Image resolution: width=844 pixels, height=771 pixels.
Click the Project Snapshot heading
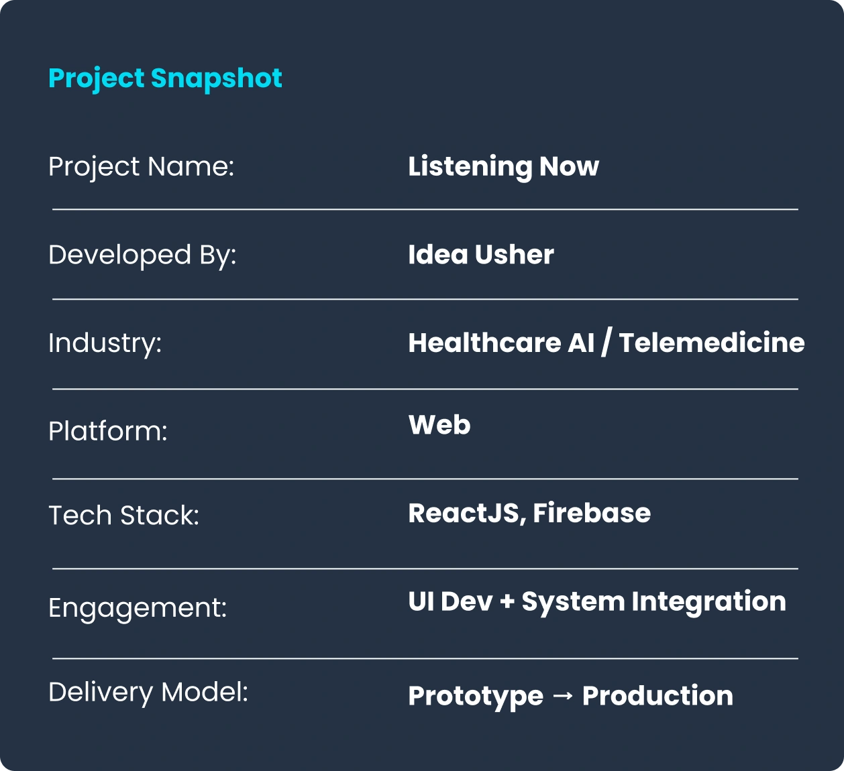click(x=165, y=78)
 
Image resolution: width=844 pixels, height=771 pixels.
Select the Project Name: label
click(x=141, y=167)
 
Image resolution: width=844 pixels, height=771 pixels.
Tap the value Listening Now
click(x=503, y=167)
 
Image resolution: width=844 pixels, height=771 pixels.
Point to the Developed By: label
click(x=142, y=255)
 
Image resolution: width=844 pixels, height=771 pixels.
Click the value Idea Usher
click(x=481, y=255)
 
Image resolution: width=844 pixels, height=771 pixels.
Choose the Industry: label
click(x=105, y=343)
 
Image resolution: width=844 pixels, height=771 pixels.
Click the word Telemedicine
click(x=711, y=343)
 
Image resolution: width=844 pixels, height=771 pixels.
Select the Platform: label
click(x=108, y=431)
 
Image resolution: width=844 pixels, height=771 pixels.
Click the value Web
click(x=439, y=424)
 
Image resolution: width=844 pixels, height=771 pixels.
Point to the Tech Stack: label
click(x=123, y=516)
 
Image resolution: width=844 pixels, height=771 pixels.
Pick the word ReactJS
click(x=464, y=513)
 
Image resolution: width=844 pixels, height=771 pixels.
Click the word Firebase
click(x=592, y=513)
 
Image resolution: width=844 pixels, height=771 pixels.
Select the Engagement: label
click(x=138, y=608)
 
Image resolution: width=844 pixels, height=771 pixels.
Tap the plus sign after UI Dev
click(x=507, y=601)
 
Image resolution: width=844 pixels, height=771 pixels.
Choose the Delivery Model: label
click(x=148, y=693)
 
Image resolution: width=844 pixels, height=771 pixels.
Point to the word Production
click(x=657, y=696)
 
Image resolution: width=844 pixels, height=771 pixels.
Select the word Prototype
click(x=476, y=697)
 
